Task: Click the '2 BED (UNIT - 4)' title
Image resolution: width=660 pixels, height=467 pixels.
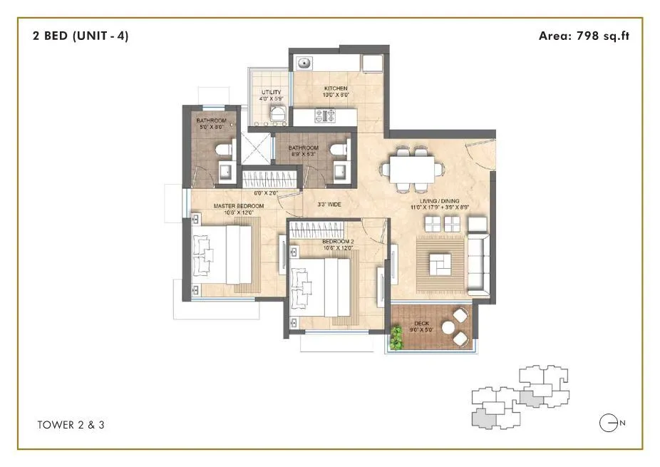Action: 81,36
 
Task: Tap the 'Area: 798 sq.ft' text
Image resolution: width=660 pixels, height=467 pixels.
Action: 584,36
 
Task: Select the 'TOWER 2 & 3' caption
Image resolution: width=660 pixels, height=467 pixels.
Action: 72,425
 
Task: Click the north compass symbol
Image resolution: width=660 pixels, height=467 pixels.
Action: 608,424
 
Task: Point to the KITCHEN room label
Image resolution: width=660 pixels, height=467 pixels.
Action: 314,89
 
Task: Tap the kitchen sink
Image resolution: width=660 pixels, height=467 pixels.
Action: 304,63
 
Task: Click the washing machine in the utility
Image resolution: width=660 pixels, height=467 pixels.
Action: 277,114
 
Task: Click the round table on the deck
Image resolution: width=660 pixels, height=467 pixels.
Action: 450,328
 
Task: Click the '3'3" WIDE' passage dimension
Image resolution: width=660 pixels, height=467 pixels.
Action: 329,205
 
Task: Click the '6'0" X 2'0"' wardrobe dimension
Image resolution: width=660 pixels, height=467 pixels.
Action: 267,193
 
